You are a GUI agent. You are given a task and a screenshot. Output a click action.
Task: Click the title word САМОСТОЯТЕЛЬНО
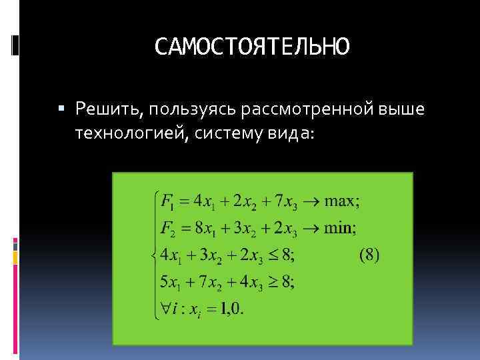251,47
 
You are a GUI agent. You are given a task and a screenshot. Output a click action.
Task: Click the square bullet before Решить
63,107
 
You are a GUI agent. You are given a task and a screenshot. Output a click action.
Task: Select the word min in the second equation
339,228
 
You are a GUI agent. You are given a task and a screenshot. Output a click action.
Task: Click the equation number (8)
369,255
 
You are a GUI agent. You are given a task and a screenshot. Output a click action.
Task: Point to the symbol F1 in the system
168,201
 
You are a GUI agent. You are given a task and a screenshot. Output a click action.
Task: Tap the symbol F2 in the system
169,228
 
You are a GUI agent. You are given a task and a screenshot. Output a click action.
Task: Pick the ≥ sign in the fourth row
273,282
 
